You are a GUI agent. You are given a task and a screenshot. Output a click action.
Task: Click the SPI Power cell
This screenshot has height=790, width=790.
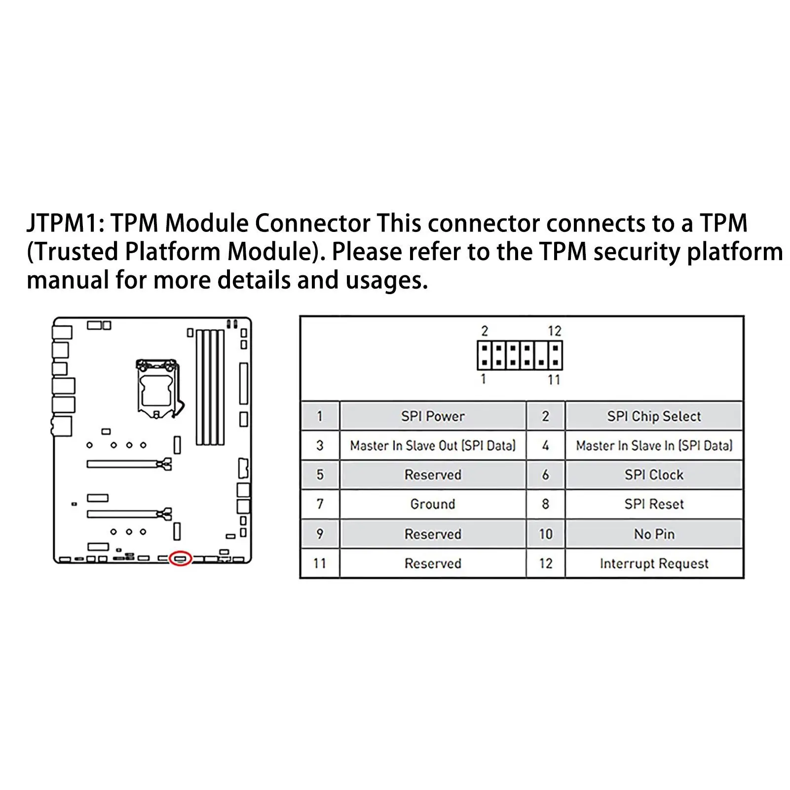tap(433, 416)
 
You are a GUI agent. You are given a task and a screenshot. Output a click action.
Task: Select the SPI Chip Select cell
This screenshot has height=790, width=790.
tap(654, 416)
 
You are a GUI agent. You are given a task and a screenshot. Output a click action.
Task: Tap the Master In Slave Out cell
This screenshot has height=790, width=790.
tap(433, 446)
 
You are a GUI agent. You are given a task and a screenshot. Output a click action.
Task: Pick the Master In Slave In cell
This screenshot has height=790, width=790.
tap(654, 446)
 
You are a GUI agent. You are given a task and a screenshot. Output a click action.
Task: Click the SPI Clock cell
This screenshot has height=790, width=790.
tap(654, 475)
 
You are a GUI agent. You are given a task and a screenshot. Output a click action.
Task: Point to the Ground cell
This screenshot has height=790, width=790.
tap(433, 504)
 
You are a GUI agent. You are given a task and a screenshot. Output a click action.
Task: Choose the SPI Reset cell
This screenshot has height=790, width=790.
tap(654, 504)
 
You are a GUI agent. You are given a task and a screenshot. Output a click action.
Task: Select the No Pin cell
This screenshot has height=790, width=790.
tap(654, 534)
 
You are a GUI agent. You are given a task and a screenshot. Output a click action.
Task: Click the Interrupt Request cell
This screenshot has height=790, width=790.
tap(654, 564)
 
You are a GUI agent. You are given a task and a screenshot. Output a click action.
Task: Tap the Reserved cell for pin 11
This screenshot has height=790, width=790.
tap(433, 564)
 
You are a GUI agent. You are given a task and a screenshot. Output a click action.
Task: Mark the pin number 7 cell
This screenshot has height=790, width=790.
tap(320, 504)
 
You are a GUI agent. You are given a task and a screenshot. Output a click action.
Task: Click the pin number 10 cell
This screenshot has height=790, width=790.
tap(545, 534)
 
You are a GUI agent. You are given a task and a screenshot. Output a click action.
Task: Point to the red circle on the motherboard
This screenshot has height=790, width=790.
tap(180, 558)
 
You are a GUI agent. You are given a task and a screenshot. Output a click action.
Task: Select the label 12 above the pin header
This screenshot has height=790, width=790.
tap(555, 331)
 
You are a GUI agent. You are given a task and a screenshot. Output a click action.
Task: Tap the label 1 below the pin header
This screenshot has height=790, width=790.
tap(484, 379)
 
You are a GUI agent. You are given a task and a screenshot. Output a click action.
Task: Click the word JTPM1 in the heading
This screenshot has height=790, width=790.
tap(65, 223)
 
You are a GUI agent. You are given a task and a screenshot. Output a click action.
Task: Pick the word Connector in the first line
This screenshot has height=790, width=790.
tap(313, 223)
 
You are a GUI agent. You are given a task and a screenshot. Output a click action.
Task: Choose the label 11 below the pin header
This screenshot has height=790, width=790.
tap(554, 379)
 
